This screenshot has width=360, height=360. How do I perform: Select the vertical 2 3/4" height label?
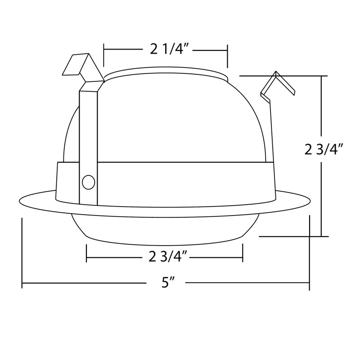(x=324, y=150)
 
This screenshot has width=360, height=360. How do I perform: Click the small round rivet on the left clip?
(x=88, y=182)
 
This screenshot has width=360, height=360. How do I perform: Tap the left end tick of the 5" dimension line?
(x=22, y=253)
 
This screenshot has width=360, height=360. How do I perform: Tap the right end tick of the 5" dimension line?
(x=310, y=253)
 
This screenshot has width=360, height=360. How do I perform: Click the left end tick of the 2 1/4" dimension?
(x=104, y=55)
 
